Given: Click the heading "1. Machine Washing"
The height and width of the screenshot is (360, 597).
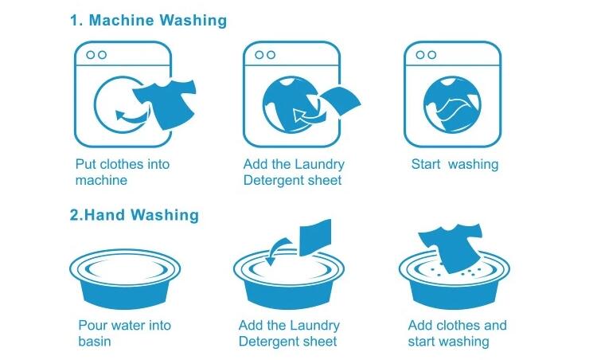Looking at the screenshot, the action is [x=149, y=20].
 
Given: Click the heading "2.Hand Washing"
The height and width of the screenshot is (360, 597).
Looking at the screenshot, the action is [x=134, y=215].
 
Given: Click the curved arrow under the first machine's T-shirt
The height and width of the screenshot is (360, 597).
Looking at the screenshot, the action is [x=131, y=116].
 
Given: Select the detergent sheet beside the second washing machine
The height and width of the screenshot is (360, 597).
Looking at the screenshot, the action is [x=340, y=101].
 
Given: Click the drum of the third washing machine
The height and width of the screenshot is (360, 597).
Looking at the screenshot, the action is [x=452, y=105].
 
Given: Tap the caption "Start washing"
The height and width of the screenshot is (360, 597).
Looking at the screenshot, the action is [x=455, y=165].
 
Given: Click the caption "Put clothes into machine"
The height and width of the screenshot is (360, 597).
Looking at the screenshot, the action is [x=123, y=172].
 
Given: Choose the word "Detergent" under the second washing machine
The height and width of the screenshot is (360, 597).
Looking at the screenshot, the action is [x=268, y=181].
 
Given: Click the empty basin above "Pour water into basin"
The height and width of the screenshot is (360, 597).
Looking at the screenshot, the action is [x=125, y=279].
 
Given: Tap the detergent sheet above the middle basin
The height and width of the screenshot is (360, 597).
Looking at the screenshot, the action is [x=315, y=237].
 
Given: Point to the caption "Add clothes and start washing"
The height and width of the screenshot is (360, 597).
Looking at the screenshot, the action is [x=457, y=334].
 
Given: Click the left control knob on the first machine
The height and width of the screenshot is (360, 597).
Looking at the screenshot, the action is [x=90, y=55].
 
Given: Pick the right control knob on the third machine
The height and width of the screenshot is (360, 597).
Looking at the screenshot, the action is [x=431, y=55].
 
